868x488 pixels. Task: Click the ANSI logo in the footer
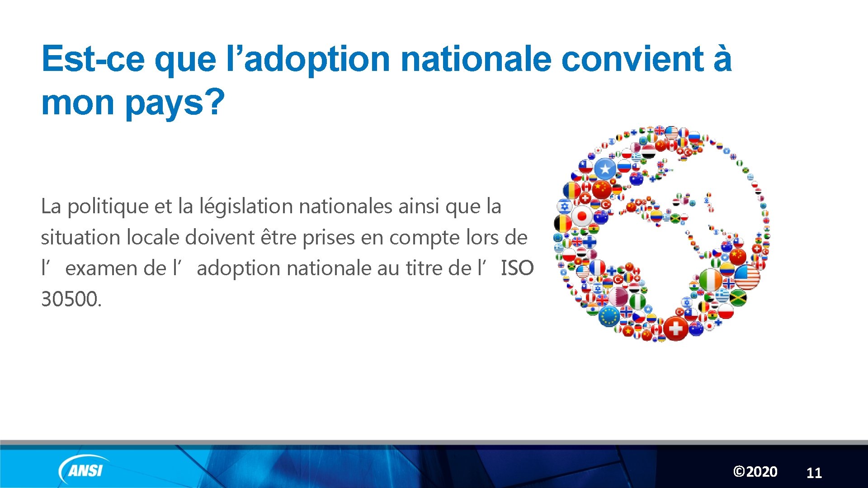click(x=83, y=470)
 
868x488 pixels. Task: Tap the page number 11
click(x=814, y=473)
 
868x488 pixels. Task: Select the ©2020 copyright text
click(x=755, y=472)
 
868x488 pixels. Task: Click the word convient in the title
click(x=632, y=59)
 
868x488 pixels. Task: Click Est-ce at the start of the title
click(x=93, y=59)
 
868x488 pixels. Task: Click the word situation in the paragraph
click(x=80, y=238)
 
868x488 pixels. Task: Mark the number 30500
click(x=71, y=299)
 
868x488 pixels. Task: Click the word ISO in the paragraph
click(x=517, y=268)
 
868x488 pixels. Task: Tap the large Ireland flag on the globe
click(x=710, y=280)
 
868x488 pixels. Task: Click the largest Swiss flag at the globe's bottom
click(x=675, y=328)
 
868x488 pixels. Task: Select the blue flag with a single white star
click(x=605, y=169)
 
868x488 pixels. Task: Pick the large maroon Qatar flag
click(x=618, y=296)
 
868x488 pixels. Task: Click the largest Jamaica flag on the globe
click(x=738, y=297)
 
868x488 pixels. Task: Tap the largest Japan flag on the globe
click(x=582, y=216)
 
